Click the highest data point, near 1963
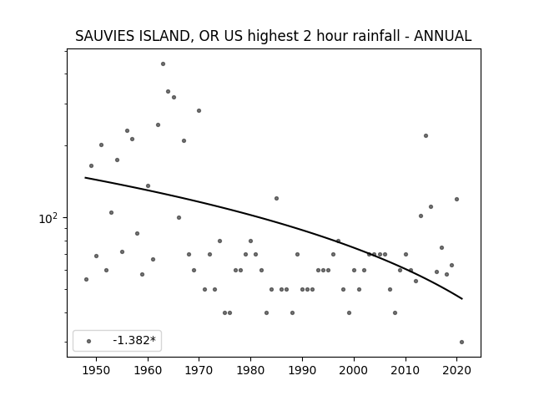(x=164, y=64)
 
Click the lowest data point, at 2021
(x=461, y=342)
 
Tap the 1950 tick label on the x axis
(x=97, y=370)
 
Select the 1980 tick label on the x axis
(x=250, y=370)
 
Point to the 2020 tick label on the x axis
(x=456, y=370)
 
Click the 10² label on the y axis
(x=48, y=219)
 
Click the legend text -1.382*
(x=134, y=340)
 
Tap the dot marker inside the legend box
(x=89, y=341)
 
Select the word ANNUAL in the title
(x=443, y=36)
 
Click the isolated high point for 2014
(x=426, y=135)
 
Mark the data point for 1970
(x=199, y=111)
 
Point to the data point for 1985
(x=276, y=199)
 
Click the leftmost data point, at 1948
(x=86, y=280)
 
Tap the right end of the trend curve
(x=462, y=299)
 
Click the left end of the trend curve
(x=85, y=178)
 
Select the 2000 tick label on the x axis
(x=354, y=370)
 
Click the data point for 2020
(x=456, y=199)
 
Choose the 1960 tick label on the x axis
(x=148, y=370)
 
